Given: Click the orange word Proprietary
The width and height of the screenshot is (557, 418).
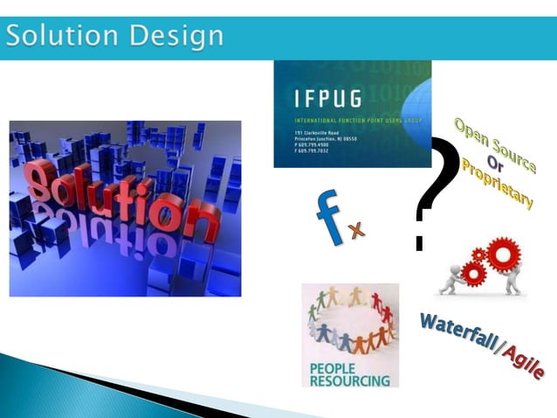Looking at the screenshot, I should [498, 183].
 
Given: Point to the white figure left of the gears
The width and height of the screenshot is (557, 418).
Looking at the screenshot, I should [452, 275].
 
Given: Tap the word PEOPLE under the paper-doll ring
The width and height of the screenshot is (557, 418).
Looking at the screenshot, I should [333, 368].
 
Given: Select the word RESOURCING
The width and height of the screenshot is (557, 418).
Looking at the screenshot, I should [349, 380].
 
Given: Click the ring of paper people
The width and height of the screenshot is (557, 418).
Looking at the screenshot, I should [350, 320].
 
